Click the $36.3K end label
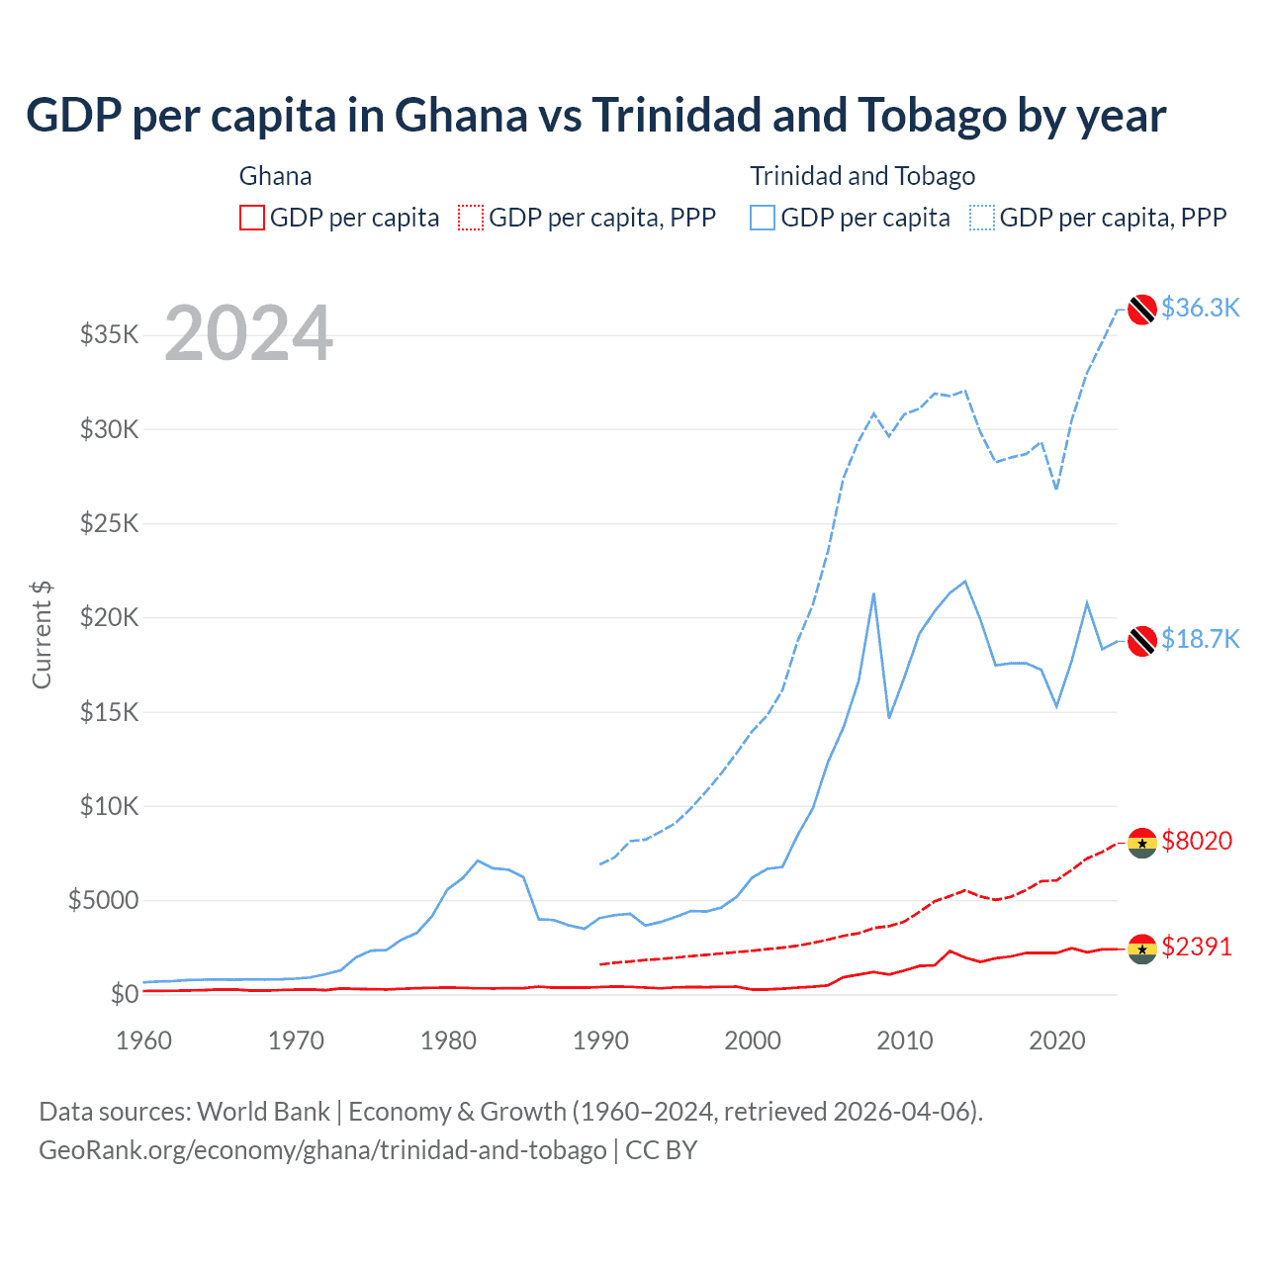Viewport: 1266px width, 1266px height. [x=1200, y=308]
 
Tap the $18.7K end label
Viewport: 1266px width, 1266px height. [x=1200, y=639]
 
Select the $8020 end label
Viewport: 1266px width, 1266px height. [x=1197, y=841]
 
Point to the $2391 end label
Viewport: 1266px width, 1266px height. [x=1197, y=947]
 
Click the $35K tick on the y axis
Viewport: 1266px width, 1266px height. [x=110, y=334]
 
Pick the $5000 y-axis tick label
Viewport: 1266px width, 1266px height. [x=103, y=900]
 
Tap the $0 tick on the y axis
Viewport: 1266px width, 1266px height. [x=124, y=994]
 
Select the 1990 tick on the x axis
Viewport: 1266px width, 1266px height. [x=600, y=1040]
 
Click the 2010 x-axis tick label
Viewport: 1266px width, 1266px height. [x=905, y=1040]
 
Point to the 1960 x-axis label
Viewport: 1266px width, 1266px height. [x=144, y=1040]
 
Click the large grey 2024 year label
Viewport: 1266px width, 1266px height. [x=248, y=333]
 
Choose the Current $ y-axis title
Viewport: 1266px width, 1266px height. [x=42, y=635]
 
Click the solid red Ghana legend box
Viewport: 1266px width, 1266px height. [x=252, y=218]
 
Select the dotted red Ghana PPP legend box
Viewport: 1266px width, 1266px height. [x=471, y=218]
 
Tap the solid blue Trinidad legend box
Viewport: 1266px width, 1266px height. [x=763, y=218]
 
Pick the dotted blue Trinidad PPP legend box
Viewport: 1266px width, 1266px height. [x=982, y=218]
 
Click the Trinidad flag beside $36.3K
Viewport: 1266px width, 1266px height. [x=1142, y=309]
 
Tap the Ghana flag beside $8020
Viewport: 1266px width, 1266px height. [x=1142, y=843]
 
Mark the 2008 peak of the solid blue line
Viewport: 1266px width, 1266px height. [x=873, y=593]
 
